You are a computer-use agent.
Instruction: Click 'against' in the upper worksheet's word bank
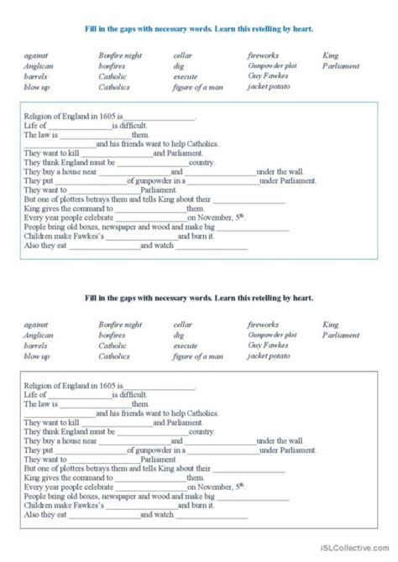[x=38, y=55]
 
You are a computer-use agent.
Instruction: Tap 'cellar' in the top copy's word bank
[x=182, y=55]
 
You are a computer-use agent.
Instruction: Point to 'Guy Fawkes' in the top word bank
[x=266, y=76]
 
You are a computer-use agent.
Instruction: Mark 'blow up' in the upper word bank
[x=38, y=86]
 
